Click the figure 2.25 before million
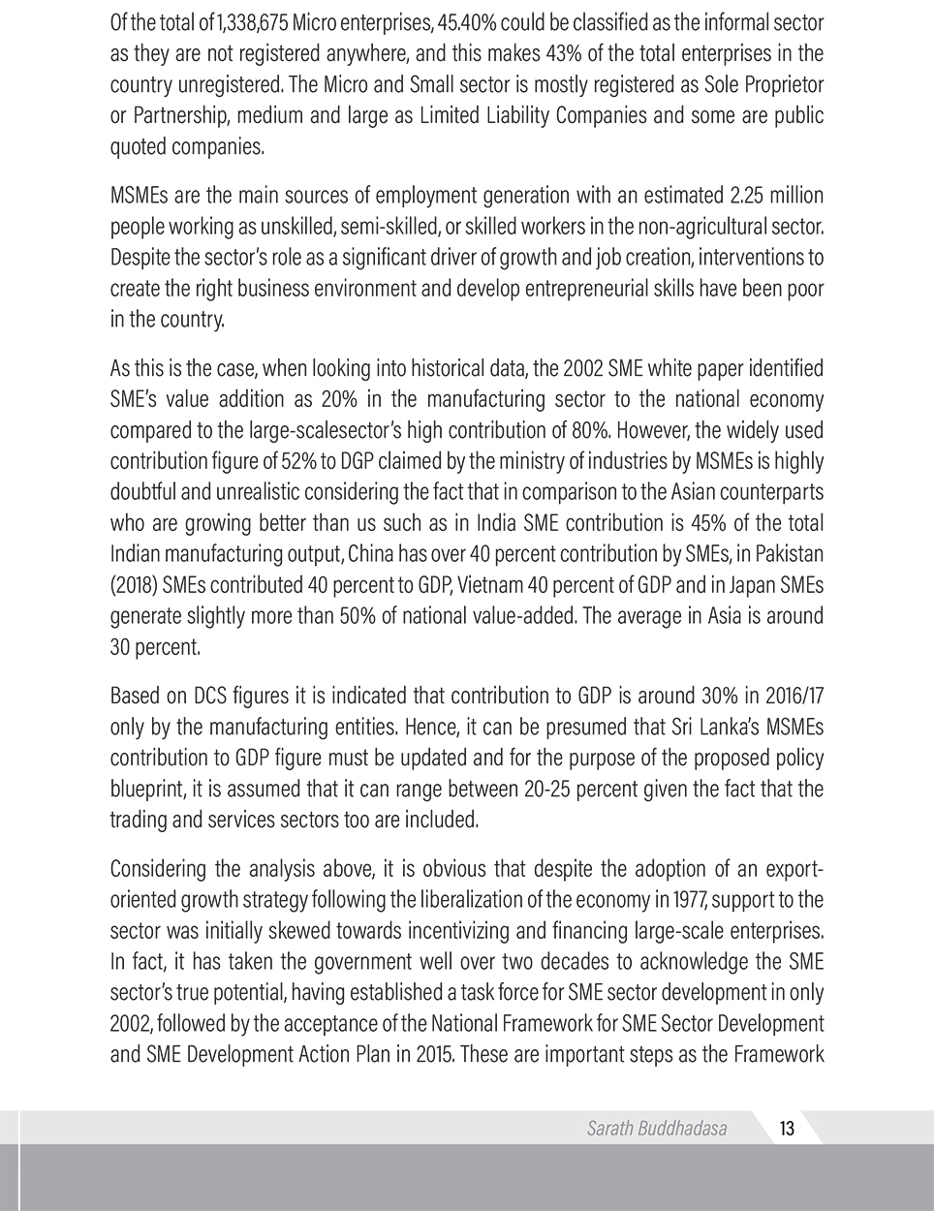pyautogui.click(x=742, y=196)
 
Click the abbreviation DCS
pyautogui.click(x=211, y=696)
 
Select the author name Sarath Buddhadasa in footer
pyautogui.click(x=656, y=1128)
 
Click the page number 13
pyautogui.click(x=786, y=1128)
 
